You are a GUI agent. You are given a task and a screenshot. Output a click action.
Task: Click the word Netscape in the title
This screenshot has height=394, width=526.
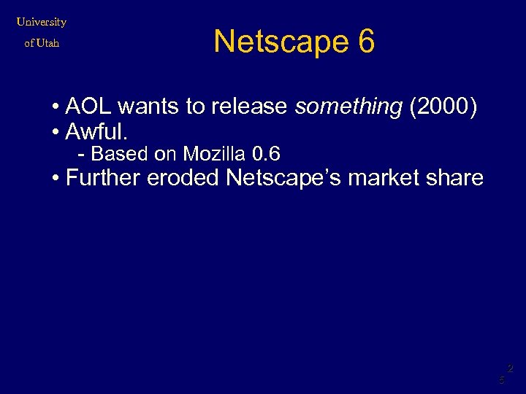(x=281, y=42)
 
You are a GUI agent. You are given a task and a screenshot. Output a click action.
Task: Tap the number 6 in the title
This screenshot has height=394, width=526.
(x=366, y=42)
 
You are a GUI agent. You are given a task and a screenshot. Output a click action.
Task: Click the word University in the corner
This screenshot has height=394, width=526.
(x=42, y=22)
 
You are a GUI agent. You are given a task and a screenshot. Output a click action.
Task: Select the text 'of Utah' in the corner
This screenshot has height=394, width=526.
(x=42, y=43)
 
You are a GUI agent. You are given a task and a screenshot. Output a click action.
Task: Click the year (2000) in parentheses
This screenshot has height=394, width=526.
(x=443, y=107)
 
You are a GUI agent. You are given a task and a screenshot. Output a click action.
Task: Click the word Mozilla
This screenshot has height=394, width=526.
(x=214, y=154)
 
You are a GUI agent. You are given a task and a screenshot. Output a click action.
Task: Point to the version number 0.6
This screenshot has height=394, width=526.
(x=265, y=154)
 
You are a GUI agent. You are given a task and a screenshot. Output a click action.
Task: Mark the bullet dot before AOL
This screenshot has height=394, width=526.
(x=56, y=108)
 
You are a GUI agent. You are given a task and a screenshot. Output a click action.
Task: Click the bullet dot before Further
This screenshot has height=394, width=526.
(x=56, y=178)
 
